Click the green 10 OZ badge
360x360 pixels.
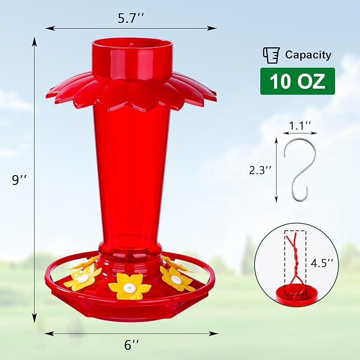click(297, 81)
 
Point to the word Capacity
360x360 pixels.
click(308, 55)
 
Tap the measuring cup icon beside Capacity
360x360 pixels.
click(271, 55)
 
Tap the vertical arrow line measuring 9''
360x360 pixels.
click(35, 180)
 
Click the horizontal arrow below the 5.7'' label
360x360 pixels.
click(130, 28)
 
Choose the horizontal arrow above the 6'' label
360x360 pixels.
click(131, 333)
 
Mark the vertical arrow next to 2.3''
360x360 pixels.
click(276, 171)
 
